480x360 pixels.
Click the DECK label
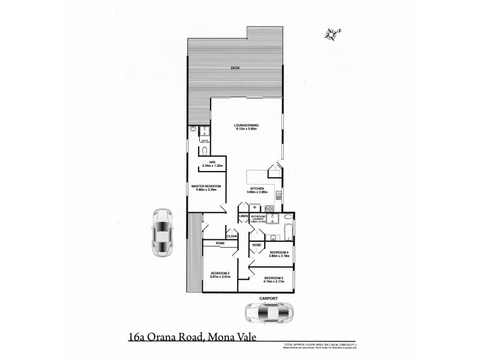point(235,68)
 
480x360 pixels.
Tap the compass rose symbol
point(331,34)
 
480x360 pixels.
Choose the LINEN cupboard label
point(244,216)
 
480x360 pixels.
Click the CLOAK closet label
point(232,236)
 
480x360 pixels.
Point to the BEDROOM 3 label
point(274,278)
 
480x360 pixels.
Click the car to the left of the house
point(161,233)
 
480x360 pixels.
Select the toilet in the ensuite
point(205,150)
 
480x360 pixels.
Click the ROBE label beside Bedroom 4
point(256,245)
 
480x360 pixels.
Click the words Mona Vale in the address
point(231,337)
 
